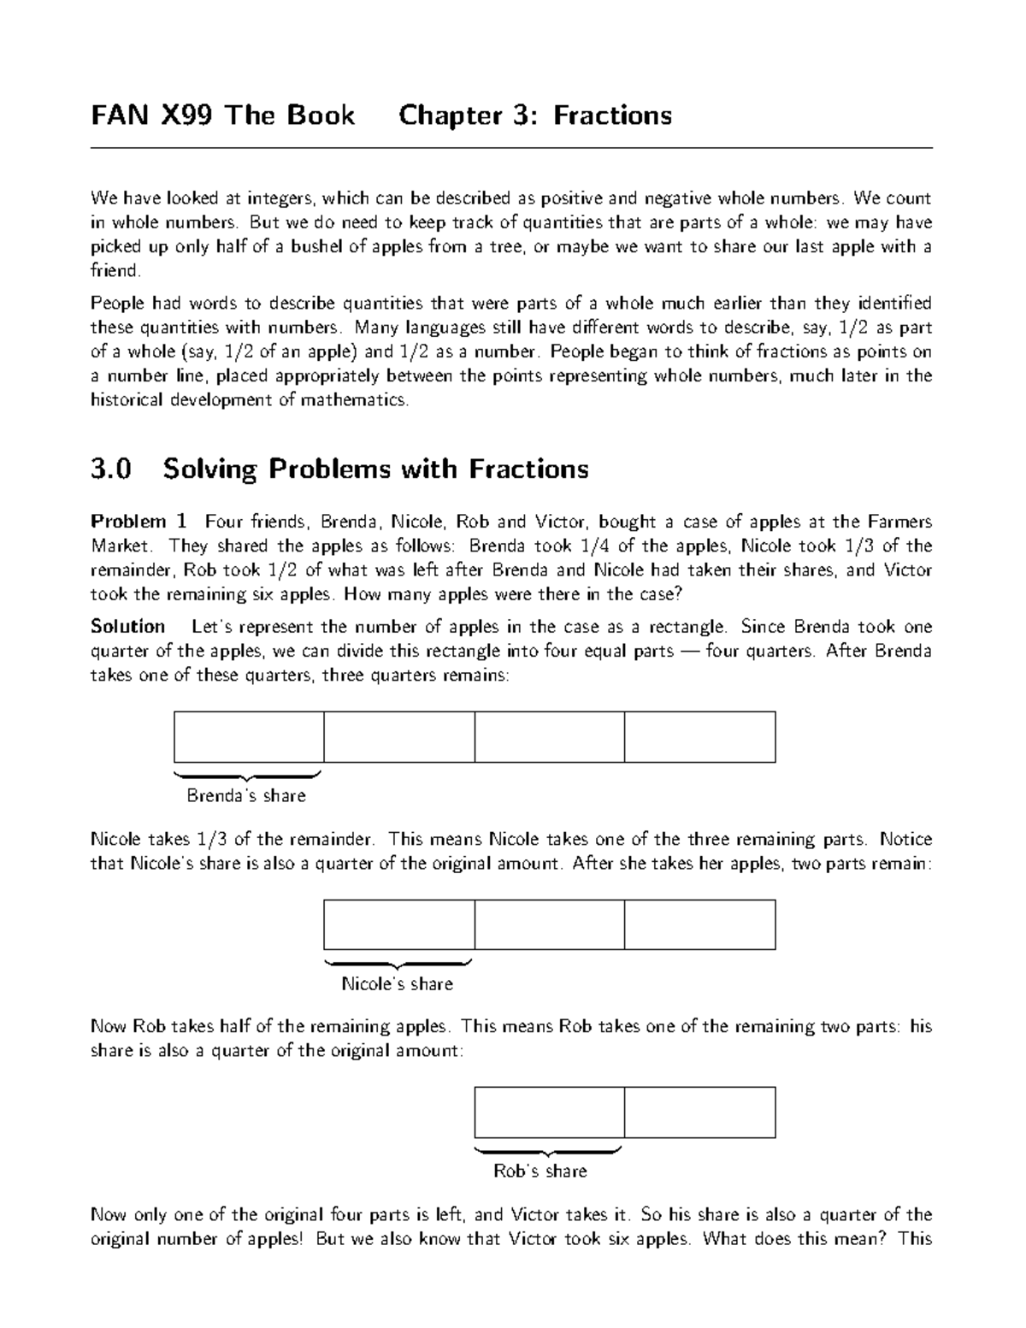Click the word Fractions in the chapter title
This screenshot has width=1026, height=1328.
click(612, 115)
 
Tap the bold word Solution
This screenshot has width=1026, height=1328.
click(128, 627)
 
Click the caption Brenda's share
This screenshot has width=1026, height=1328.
click(246, 796)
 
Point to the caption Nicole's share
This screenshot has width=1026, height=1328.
click(398, 983)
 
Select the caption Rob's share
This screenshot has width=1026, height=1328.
click(540, 1171)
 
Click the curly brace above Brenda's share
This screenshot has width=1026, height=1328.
click(247, 776)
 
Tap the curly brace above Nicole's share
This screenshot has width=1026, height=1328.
click(398, 963)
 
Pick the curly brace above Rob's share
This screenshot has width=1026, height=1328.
click(548, 1150)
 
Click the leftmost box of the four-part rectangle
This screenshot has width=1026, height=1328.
click(249, 736)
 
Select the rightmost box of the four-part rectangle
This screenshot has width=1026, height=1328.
click(699, 736)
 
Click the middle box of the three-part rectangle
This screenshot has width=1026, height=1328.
click(549, 924)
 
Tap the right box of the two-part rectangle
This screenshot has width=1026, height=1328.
click(699, 1112)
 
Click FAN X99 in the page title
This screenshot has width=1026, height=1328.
click(153, 115)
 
